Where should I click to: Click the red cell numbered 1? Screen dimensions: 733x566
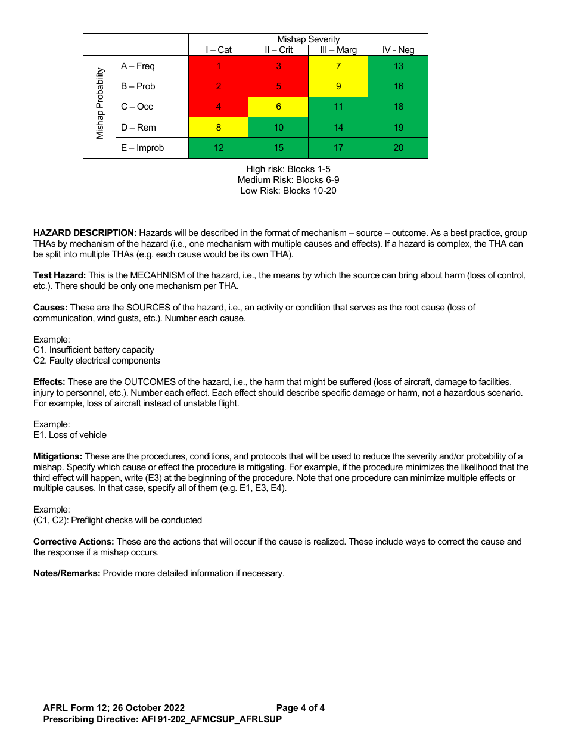coord(219,66)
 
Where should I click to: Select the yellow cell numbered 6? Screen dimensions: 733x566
coord(278,107)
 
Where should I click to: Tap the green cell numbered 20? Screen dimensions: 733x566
coord(398,148)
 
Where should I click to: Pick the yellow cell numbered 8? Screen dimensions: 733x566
coord(219,127)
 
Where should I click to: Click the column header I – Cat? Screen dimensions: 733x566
coord(219,50)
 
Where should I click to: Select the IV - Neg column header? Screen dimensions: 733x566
coord(398,50)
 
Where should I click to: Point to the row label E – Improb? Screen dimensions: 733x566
coord(142,148)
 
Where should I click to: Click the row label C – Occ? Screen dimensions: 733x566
coord(137,107)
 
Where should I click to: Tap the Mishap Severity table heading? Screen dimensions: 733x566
coord(308,39)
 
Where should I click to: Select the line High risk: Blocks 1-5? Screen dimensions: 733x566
coord(288,169)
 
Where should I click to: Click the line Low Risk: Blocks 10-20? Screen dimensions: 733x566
coord(288,191)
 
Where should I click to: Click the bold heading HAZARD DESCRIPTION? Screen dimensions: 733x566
coord(85,233)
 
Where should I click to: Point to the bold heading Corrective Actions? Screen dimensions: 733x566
coord(73,542)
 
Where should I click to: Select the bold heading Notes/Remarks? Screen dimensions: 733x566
coord(67,573)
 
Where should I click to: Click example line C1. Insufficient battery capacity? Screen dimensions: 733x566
coord(94,350)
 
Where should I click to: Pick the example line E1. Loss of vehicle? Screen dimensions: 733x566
coord(70,435)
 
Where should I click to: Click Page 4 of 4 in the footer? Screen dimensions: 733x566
coord(300,708)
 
